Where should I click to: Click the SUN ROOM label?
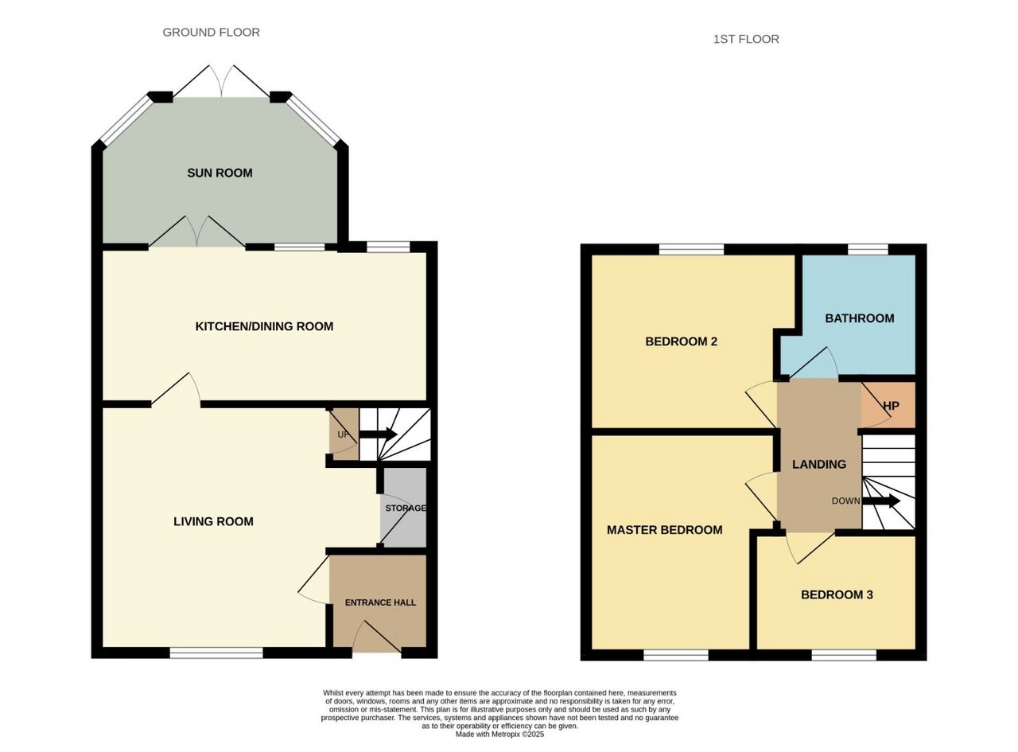pos(220,173)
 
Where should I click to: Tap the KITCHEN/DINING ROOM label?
pos(264,326)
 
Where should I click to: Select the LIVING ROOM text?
pos(213,521)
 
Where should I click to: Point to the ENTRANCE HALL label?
pos(380,602)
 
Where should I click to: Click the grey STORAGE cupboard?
pos(403,508)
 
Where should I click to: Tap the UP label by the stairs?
pos(343,434)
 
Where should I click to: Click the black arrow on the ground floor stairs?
pos(378,434)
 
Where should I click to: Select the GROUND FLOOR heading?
pos(211,32)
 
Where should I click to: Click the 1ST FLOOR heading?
pos(746,39)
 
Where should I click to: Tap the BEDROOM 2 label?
pos(681,341)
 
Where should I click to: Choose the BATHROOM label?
pos(859,318)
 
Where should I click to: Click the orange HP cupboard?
pos(888,405)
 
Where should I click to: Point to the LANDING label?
pos(819,464)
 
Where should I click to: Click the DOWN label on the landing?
pos(845,501)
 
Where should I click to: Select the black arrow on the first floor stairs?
pos(880,501)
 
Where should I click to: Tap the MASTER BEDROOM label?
pos(664,530)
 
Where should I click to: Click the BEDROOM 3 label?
pos(837,594)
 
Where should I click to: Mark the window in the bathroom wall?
pos(868,249)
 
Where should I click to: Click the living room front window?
pos(216,653)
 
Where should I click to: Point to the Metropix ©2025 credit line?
pos(499,734)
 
